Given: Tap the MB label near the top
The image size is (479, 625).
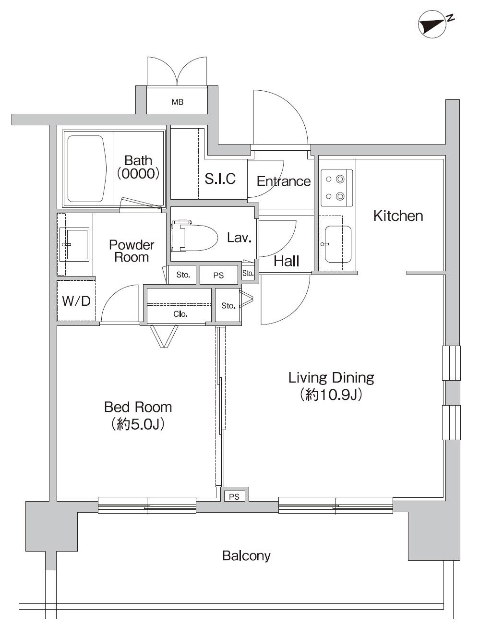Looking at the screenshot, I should click(x=178, y=102).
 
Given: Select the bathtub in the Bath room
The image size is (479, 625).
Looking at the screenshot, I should click(x=86, y=168).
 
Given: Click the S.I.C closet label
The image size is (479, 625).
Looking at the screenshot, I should click(x=220, y=179).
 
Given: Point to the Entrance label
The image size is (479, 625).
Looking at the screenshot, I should click(x=283, y=181).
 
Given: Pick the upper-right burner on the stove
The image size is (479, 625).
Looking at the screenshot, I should click(x=340, y=180).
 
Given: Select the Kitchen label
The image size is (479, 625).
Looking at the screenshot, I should click(x=398, y=216).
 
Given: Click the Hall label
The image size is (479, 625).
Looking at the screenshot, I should click(x=287, y=261).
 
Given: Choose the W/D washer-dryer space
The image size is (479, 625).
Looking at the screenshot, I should click(x=76, y=301).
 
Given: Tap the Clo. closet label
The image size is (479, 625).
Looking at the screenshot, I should click(x=180, y=314).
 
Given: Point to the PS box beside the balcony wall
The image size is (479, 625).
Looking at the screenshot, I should click(x=234, y=497).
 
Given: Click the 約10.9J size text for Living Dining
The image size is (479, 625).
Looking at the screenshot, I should click(x=331, y=395).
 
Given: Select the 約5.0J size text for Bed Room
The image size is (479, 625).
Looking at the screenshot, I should click(x=138, y=424).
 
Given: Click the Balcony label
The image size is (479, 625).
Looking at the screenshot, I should click(x=246, y=556).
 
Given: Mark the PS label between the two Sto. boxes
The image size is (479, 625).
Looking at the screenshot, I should click(x=218, y=276).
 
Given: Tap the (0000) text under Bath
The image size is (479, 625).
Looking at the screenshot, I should click(x=138, y=173).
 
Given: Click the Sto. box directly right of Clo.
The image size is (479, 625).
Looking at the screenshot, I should click(x=228, y=306).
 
